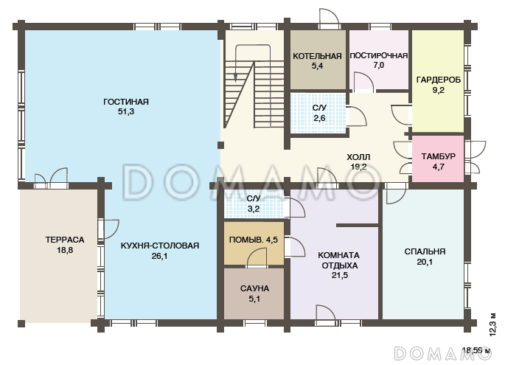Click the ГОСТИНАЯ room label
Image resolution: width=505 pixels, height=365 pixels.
click(126, 102)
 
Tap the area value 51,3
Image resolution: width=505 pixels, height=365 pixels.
click(126, 112)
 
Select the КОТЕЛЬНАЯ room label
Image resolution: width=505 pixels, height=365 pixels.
click(317, 56)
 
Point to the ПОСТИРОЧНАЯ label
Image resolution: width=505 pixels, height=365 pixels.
click(379, 56)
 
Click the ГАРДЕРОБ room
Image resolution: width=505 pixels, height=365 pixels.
click(438, 80)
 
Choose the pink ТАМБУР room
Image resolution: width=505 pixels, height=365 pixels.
click(438, 159)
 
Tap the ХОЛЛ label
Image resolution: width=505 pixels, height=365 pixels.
click(358, 157)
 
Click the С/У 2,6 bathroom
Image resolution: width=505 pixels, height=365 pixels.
click(318, 113)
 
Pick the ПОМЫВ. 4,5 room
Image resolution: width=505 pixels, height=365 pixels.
click(254, 243)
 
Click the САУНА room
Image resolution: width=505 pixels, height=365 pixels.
click(254, 293)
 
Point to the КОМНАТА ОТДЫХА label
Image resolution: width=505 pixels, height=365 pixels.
click(339, 260)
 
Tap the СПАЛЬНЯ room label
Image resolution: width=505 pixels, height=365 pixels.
click(425, 251)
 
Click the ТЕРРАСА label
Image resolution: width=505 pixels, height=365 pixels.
click(65, 240)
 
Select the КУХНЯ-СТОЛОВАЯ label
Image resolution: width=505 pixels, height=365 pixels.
click(160, 246)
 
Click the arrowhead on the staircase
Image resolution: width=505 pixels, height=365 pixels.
click(236, 77)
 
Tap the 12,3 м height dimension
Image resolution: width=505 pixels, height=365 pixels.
click(492, 324)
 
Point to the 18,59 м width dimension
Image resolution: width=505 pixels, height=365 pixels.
click(477, 350)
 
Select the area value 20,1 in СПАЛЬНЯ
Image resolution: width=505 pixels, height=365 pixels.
click(425, 262)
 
